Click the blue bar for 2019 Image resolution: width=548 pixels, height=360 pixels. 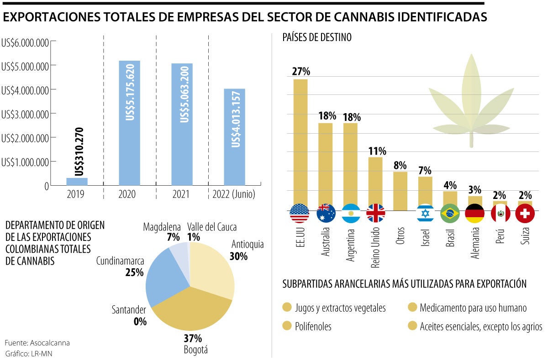77,182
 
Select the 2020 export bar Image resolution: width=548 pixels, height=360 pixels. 129,123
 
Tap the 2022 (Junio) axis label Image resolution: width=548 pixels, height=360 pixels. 234,195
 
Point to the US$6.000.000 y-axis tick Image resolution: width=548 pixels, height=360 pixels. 25,42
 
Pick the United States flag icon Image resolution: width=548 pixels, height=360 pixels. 300,213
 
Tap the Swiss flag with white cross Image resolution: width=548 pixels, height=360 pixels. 525,213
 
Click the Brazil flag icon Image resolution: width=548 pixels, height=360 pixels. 450,213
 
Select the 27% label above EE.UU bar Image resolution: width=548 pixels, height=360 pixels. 300,71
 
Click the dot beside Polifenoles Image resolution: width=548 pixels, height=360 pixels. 287,326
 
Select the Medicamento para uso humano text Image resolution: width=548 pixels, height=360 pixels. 473,308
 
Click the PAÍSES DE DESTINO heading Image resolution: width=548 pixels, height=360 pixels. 317,38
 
